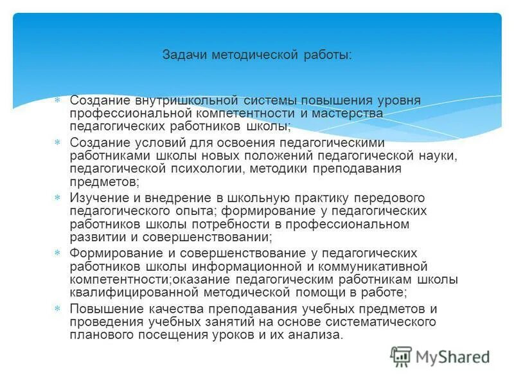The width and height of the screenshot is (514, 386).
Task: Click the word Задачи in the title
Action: pos(181,56)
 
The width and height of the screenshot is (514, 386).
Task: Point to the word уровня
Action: pos(400,101)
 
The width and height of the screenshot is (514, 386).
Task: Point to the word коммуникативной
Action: pos(385,266)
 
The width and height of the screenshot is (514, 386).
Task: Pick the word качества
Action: pos(163,309)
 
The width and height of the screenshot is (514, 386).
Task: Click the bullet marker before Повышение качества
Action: pos(57,309)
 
